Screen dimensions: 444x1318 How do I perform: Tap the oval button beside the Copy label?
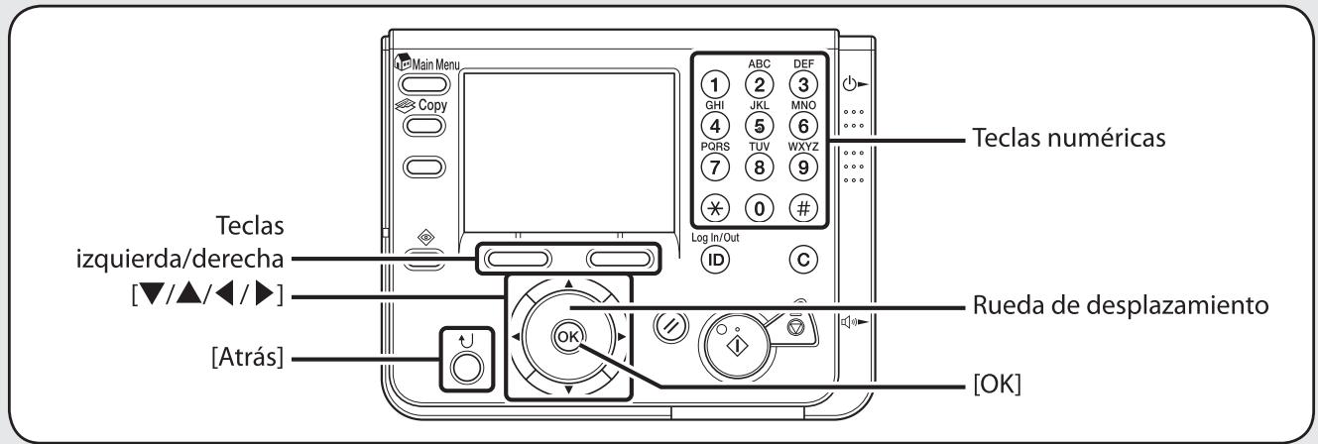[x=419, y=126]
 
